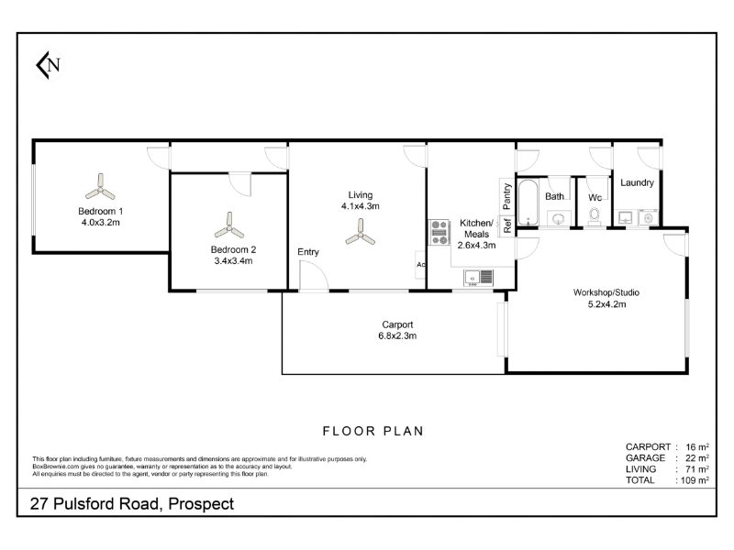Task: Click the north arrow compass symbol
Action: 49,65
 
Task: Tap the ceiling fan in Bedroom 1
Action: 100,188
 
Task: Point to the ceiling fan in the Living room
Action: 361,233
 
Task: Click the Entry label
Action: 308,251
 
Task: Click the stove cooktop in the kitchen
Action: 439,233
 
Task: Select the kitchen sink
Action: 478,278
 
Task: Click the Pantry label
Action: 506,196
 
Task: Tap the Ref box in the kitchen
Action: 507,225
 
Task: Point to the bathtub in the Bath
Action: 528,203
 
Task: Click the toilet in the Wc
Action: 595,217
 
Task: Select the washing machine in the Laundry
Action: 649,218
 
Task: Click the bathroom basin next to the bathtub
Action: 559,218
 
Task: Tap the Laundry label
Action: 637,182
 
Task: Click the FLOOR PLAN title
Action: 373,431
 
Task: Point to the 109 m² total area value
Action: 695,480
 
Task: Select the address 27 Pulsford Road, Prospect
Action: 132,503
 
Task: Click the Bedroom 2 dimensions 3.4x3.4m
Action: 233,261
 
